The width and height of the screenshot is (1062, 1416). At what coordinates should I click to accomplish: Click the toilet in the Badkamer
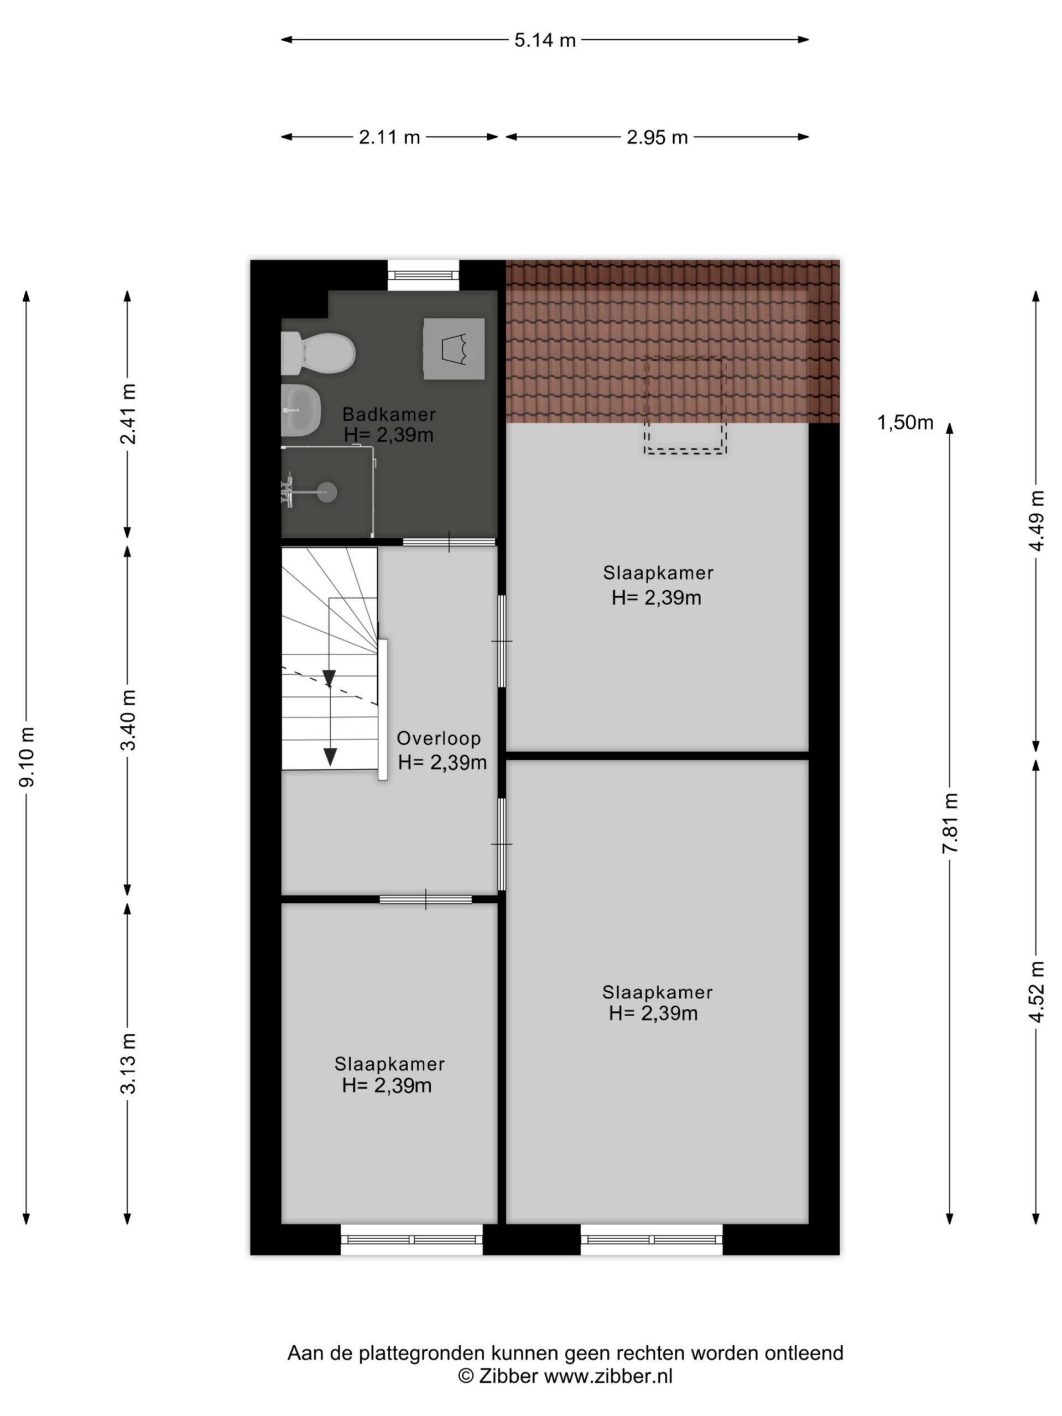pyautogui.click(x=317, y=353)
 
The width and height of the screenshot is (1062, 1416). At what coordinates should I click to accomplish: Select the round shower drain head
pyautogui.click(x=327, y=492)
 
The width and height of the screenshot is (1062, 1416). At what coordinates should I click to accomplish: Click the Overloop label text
pyautogui.click(x=439, y=738)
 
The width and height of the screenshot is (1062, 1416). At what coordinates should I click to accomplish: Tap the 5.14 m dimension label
pyautogui.click(x=545, y=40)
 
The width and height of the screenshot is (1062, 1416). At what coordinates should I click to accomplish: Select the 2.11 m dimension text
pyautogui.click(x=389, y=138)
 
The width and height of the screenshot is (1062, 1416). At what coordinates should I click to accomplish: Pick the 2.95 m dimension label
pyautogui.click(x=657, y=138)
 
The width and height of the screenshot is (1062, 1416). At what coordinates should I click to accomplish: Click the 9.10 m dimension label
pyautogui.click(x=27, y=757)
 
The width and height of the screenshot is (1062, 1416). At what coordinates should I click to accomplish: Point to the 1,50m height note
pyautogui.click(x=904, y=423)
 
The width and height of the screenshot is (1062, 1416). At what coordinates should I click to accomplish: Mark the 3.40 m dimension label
pyautogui.click(x=128, y=720)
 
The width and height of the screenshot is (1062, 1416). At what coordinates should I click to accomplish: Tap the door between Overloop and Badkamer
pyautogui.click(x=449, y=542)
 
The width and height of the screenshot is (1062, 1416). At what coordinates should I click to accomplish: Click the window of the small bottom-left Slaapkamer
pyautogui.click(x=412, y=1240)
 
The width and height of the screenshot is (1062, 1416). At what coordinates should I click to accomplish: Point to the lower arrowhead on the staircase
pyautogui.click(x=330, y=757)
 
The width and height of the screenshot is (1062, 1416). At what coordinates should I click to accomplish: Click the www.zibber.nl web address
pyautogui.click(x=608, y=1376)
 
